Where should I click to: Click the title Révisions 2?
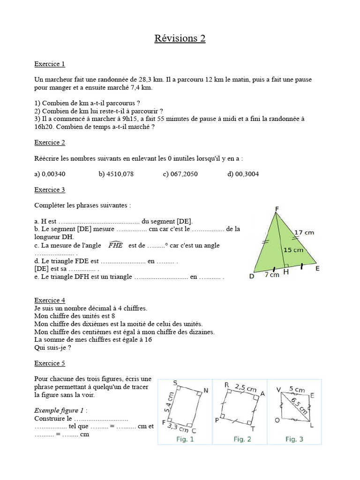[180, 38]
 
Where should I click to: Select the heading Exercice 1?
[50, 64]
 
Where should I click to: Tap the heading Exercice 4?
[50, 300]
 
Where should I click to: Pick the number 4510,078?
[116, 174]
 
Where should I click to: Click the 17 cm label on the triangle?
[304, 232]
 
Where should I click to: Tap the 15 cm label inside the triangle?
[293, 250]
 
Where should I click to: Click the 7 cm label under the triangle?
[272, 275]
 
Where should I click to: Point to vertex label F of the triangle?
[277, 209]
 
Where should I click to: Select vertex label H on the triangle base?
[286, 272]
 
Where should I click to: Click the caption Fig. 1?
[185, 439]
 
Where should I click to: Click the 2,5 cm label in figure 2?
[245, 388]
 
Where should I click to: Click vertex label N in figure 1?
[206, 390]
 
